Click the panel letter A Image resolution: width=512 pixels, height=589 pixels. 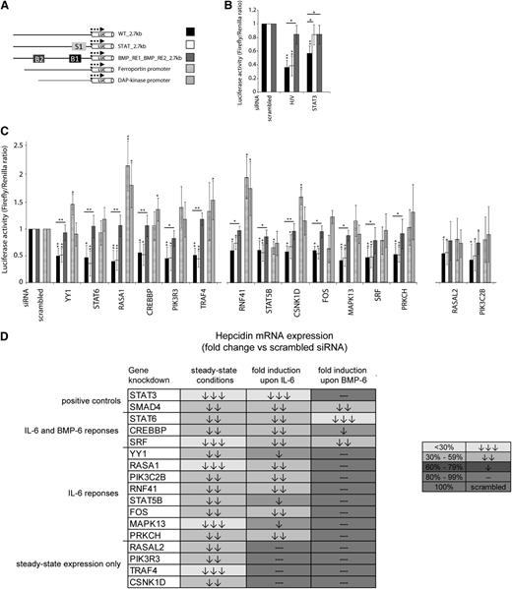pyautogui.click(x=8, y=7)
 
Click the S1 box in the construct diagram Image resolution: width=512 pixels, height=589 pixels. pyautogui.click(x=79, y=46)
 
